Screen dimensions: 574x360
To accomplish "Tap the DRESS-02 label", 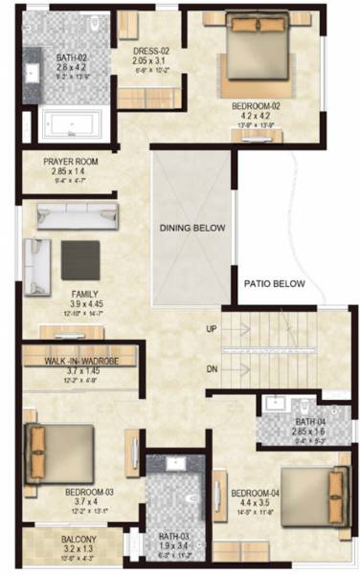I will click(x=151, y=51).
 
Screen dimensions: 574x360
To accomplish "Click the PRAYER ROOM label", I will click(x=71, y=163).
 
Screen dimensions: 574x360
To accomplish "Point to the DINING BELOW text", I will click(x=192, y=228).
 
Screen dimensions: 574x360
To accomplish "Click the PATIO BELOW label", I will click(x=274, y=284).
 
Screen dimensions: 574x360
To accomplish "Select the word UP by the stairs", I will click(x=212, y=328).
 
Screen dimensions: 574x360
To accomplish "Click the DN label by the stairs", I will click(x=212, y=368).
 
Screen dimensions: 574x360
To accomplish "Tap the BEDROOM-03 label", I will click(x=90, y=493).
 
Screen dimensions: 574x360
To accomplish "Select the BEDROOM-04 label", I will click(x=257, y=495).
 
